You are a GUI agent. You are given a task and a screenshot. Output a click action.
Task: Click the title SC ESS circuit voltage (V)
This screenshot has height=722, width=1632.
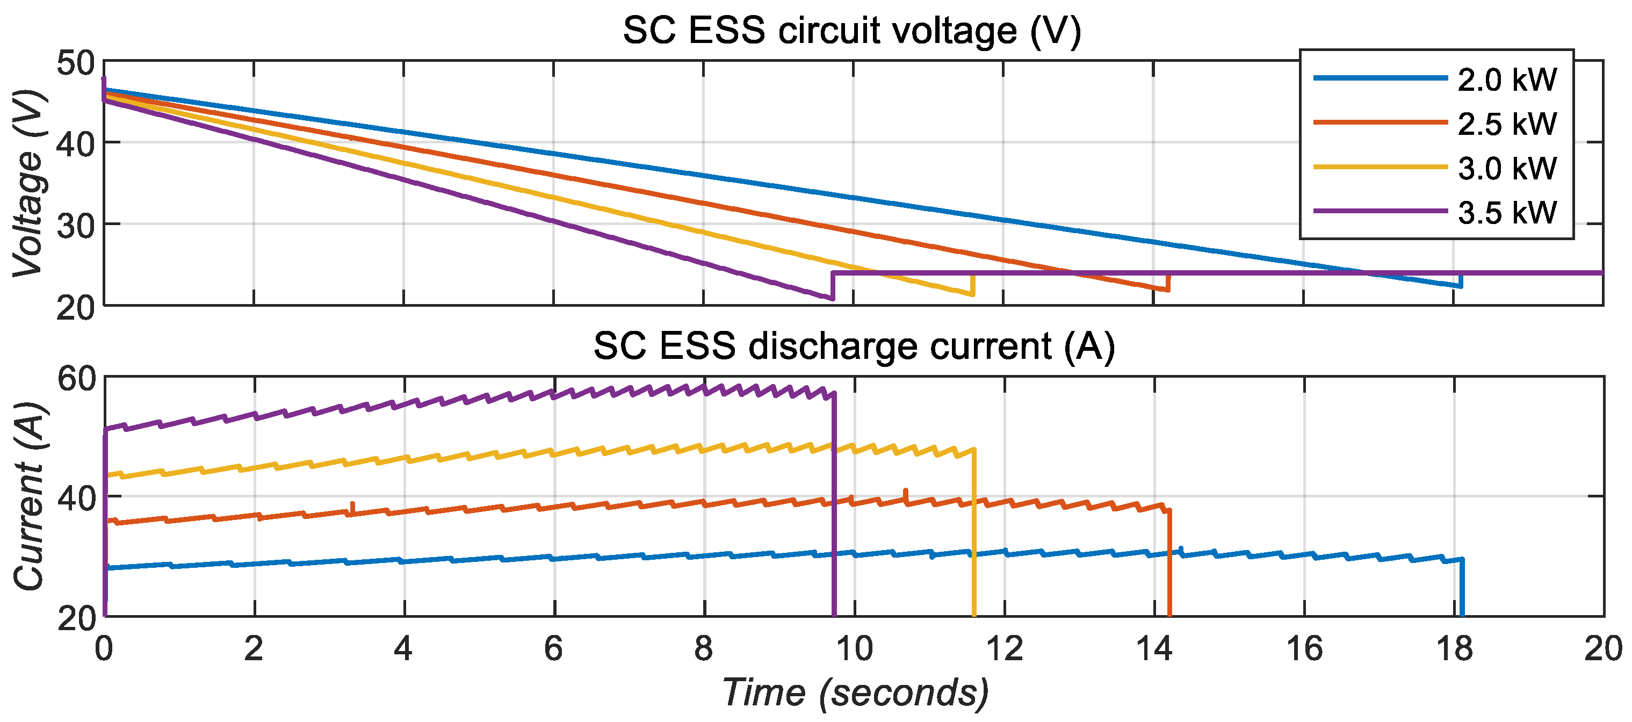click(x=852, y=31)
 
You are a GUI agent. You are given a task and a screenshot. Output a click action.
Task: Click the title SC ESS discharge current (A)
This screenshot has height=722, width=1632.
click(x=854, y=346)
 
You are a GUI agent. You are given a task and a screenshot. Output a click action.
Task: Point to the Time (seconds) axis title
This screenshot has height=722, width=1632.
click(x=855, y=692)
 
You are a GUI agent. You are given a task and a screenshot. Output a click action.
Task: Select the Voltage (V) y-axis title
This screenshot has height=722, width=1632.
click(x=28, y=184)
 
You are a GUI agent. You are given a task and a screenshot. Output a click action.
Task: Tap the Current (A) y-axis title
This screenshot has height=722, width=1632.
click(x=28, y=496)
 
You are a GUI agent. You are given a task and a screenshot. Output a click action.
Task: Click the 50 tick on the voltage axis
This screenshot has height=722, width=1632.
click(x=75, y=63)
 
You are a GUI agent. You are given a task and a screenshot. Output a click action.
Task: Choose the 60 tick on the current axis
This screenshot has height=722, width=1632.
click(x=75, y=379)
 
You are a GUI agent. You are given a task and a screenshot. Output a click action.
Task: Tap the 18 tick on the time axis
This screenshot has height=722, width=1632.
click(x=1454, y=649)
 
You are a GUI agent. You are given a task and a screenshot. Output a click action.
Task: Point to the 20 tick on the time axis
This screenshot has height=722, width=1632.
click(x=1603, y=649)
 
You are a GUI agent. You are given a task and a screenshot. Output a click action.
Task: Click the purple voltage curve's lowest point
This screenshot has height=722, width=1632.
click(x=831, y=298)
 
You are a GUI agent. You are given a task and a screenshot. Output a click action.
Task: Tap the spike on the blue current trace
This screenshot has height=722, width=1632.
click(x=1181, y=549)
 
